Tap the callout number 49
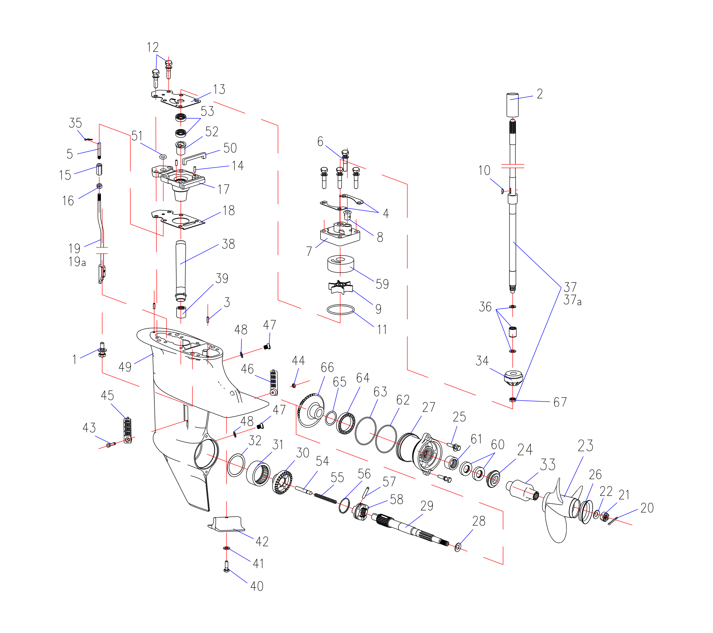[x=125, y=367]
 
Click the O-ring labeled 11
[x=340, y=309]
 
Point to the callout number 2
[x=540, y=94]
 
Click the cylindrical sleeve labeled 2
[x=512, y=105]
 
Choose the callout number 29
[x=427, y=506]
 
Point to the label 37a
[x=572, y=300]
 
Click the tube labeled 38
[x=181, y=270]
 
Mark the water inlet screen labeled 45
[x=127, y=431]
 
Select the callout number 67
[x=560, y=402]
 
